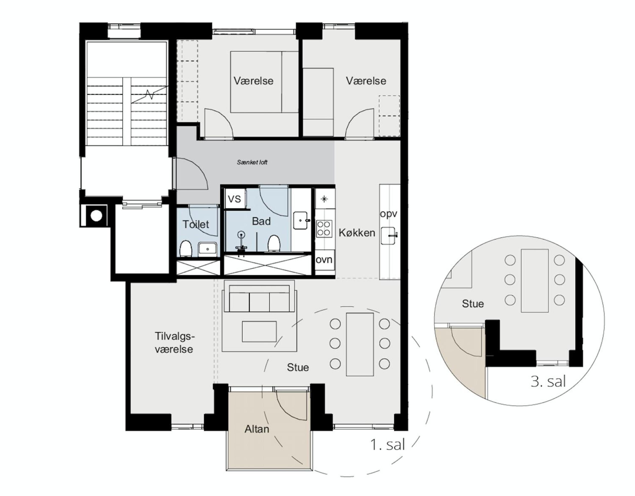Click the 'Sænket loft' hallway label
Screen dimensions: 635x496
coord(252,162)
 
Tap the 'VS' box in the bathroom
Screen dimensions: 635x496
coord(235,199)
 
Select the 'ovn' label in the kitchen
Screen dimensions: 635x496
coord(324,259)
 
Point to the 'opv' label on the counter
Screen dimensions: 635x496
coord(389,214)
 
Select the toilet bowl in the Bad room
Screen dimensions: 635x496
coord(274,243)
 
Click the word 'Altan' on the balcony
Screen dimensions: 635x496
coord(257,429)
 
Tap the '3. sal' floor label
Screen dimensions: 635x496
coord(548,381)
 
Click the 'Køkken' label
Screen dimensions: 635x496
coord(357,233)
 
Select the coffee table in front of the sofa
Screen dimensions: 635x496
coord(259,331)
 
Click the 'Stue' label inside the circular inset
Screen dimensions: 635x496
coord(473,304)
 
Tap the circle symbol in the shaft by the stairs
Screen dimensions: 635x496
coord(96,216)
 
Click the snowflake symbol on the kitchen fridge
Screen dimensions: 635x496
coord(324,199)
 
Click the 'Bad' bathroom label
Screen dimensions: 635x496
coord(261,221)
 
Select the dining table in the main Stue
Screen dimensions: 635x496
coord(360,344)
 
